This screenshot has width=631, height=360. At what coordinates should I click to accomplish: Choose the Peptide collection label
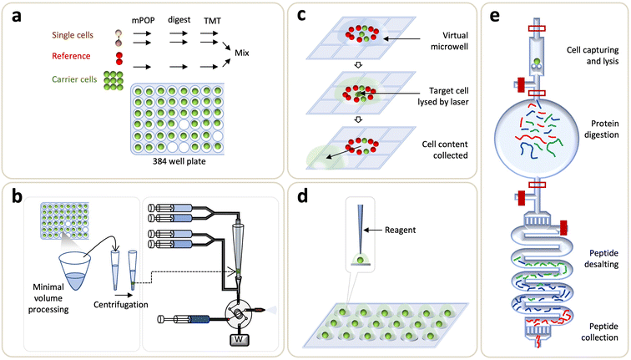coord(595,332)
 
